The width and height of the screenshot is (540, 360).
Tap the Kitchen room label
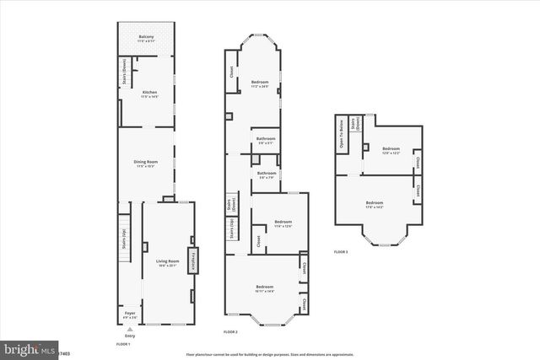click(x=149, y=94)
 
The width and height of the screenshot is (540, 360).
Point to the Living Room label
click(x=167, y=263)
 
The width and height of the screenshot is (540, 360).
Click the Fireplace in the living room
click(x=193, y=262)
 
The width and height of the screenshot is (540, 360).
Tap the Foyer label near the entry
click(x=130, y=314)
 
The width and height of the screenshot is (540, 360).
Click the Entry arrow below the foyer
click(x=130, y=329)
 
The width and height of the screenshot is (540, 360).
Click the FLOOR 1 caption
click(x=123, y=344)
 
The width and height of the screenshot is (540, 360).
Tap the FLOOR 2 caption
click(x=230, y=333)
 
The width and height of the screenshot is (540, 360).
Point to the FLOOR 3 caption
click(x=341, y=252)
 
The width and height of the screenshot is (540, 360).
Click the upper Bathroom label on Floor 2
click(x=267, y=141)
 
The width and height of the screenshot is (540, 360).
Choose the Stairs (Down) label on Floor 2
click(x=229, y=205)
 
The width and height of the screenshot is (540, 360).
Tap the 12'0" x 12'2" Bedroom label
click(x=390, y=149)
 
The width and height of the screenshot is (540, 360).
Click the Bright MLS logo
click(x=28, y=348)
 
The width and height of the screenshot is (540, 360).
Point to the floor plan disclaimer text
click(x=271, y=354)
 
